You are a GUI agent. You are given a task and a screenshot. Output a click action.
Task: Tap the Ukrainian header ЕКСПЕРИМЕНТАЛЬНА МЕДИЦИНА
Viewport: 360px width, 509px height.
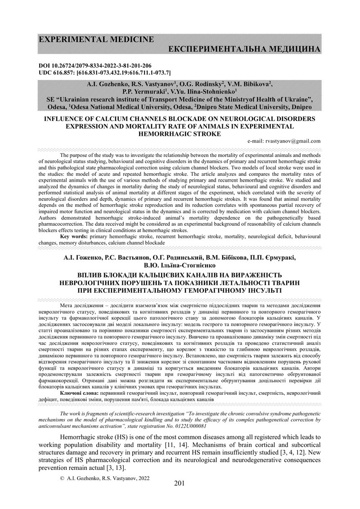pos(244,49)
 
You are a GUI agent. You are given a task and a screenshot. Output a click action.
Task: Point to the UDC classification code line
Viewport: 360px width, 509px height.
pos(104,72)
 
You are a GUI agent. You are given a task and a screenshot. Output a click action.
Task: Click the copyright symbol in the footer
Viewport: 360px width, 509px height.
pos(62,479)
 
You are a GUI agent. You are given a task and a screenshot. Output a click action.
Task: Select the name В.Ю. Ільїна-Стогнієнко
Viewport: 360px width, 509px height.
pos(180,265)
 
